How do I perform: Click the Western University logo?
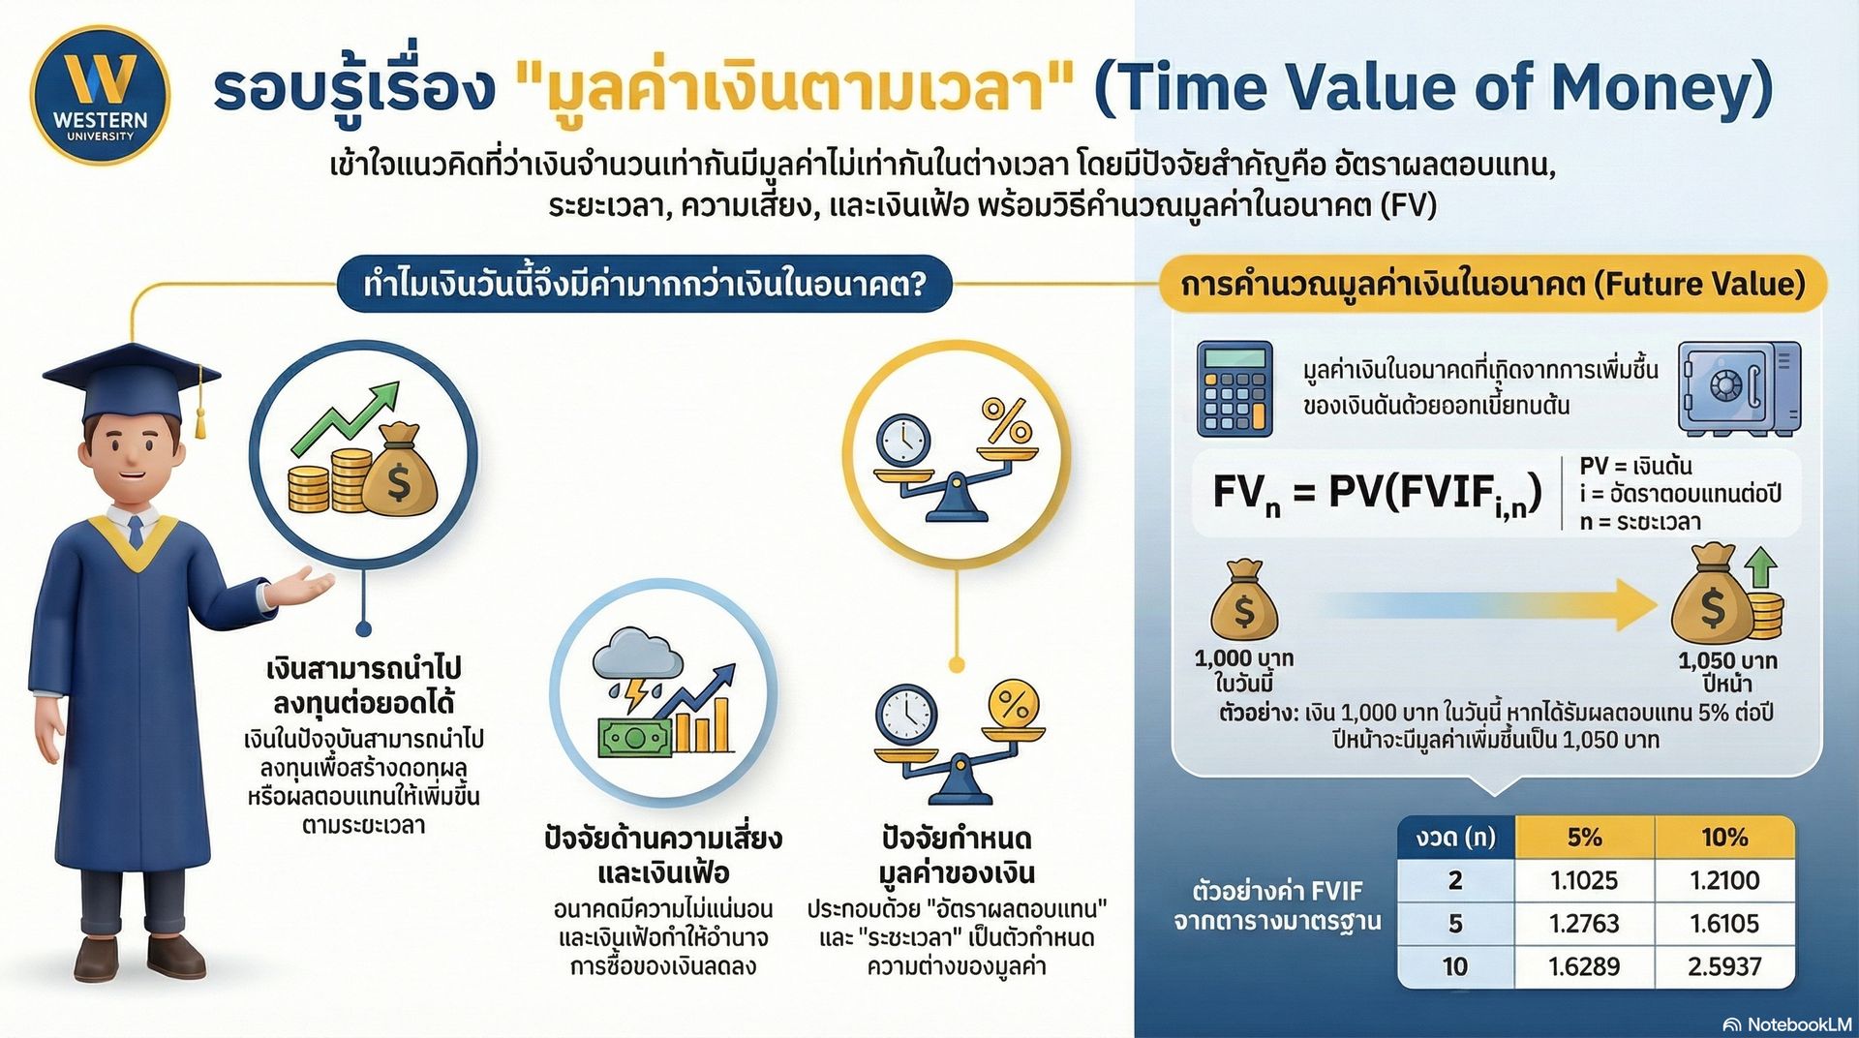[x=100, y=95]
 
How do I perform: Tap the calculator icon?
[x=1234, y=389]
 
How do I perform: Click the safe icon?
[x=1739, y=387]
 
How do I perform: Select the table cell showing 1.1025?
[x=1584, y=880]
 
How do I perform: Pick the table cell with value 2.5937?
[x=1724, y=966]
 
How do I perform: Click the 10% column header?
[x=1724, y=837]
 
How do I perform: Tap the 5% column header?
[x=1584, y=837]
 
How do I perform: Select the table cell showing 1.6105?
[x=1724, y=923]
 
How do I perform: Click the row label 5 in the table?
[x=1455, y=923]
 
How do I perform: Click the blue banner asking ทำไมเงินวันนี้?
[x=645, y=284]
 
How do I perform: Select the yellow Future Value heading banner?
[x=1493, y=284]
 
